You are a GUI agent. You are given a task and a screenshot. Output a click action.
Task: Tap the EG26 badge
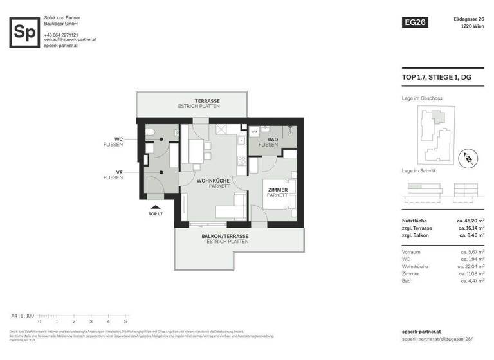pos(414,22)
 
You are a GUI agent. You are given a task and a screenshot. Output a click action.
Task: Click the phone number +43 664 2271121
pos(61,34)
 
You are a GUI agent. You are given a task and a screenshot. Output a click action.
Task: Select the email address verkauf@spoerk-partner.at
pos(70,39)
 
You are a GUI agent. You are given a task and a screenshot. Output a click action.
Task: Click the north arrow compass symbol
pos(468,157)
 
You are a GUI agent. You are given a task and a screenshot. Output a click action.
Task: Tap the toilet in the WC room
pos(150,134)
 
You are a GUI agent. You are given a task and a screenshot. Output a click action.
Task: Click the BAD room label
pos(273,139)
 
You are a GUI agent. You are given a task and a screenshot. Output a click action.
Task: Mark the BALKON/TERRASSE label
pos(224,236)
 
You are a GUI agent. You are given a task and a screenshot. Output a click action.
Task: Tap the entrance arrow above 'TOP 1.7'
pos(155,205)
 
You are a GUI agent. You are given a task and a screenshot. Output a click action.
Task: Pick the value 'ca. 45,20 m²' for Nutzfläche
pos(471,221)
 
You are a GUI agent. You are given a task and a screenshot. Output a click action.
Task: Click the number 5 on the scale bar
pos(125,321)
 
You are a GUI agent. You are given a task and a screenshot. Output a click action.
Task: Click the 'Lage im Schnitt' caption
pos(419,171)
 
